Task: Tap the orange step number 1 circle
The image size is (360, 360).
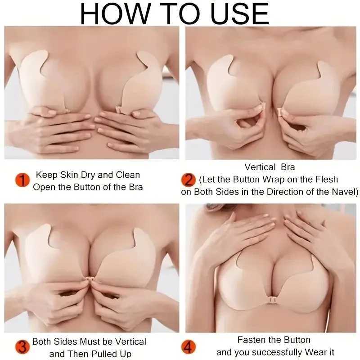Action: [x=22, y=180]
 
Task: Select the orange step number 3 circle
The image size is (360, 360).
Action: [x=22, y=346]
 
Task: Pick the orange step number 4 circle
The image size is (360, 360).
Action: [x=188, y=346]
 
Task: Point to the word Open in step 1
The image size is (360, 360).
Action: [x=44, y=187]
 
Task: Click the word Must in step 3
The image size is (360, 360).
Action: [x=91, y=342]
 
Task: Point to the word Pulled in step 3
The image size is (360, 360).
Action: [x=104, y=354]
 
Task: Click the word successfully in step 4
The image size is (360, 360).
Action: [x=279, y=352]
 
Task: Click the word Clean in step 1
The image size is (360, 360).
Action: [x=128, y=175]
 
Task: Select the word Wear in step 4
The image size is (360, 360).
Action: [x=316, y=352]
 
